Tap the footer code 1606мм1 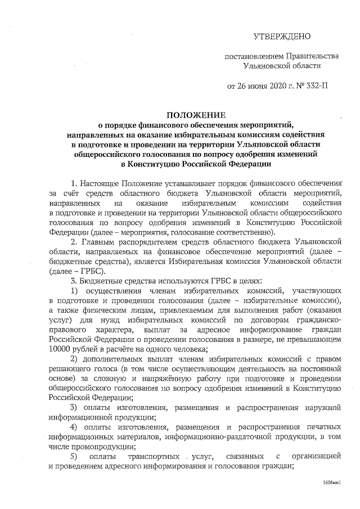[332, 483]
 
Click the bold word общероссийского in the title [124, 154]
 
